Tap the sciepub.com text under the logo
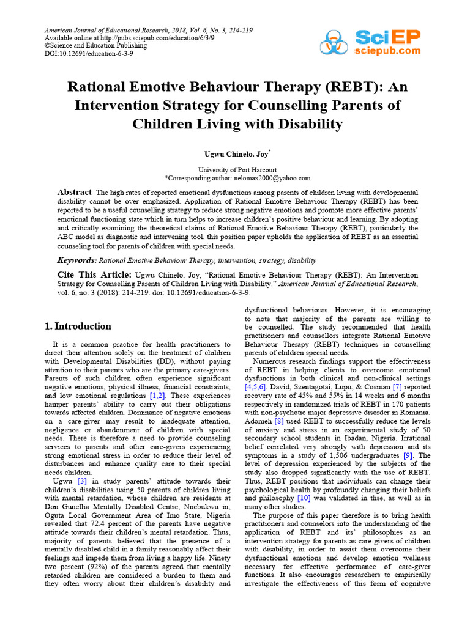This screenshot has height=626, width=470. (388, 51)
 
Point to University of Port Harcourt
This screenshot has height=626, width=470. (237, 169)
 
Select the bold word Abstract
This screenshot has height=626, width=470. (74, 192)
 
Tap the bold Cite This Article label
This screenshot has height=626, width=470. (94, 274)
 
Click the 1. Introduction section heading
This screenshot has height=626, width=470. (78, 326)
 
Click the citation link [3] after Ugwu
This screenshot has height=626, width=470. (81, 481)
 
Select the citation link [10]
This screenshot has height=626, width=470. (304, 498)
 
